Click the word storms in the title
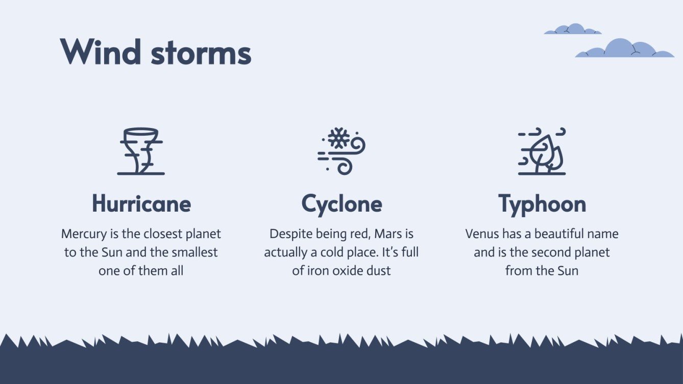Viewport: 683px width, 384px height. tap(201, 53)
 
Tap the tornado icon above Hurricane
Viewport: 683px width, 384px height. tap(141, 151)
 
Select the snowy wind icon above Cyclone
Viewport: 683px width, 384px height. tap(341, 151)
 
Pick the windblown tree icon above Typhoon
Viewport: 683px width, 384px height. tap(542, 151)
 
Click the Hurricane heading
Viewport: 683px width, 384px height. tap(141, 204)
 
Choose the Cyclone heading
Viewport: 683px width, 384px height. tap(341, 204)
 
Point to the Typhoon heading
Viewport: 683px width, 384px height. tap(542, 204)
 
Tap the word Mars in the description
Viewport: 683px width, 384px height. tap(388, 234)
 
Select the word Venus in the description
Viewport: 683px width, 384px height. tap(482, 234)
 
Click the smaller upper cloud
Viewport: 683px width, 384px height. tap(572, 29)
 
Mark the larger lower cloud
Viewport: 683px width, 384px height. tap(624, 49)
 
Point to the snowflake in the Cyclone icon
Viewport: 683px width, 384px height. tap(338, 138)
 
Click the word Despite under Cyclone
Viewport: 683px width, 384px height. tap(289, 234)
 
